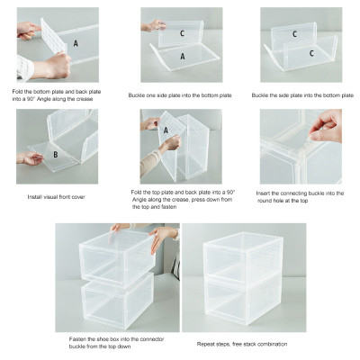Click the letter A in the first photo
[x=76, y=42]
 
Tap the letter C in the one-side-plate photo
[x=182, y=33]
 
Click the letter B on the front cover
[x=55, y=155]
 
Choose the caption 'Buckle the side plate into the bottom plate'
[x=302, y=94]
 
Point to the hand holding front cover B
[x=27, y=157]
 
